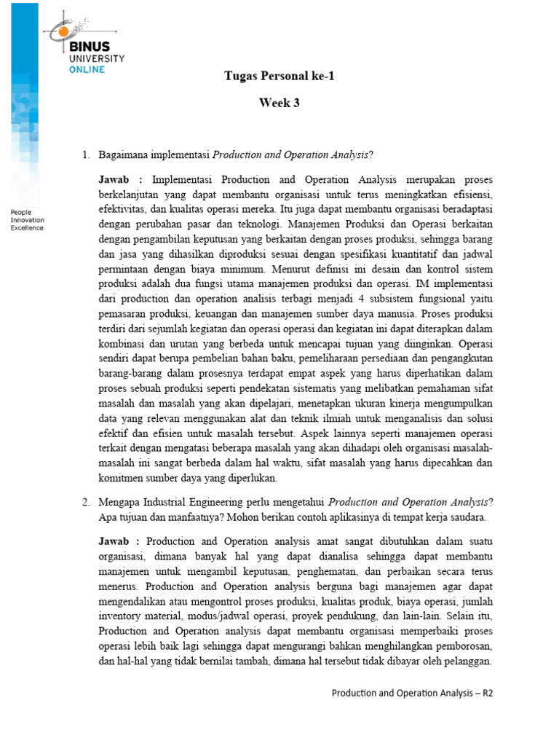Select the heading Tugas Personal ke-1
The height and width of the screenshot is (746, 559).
coord(279,76)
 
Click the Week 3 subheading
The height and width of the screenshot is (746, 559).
coord(279,103)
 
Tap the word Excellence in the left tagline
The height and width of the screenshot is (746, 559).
coord(27,227)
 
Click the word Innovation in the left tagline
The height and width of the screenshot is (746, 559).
coord(27,219)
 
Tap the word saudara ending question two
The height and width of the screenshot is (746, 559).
coord(463,517)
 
